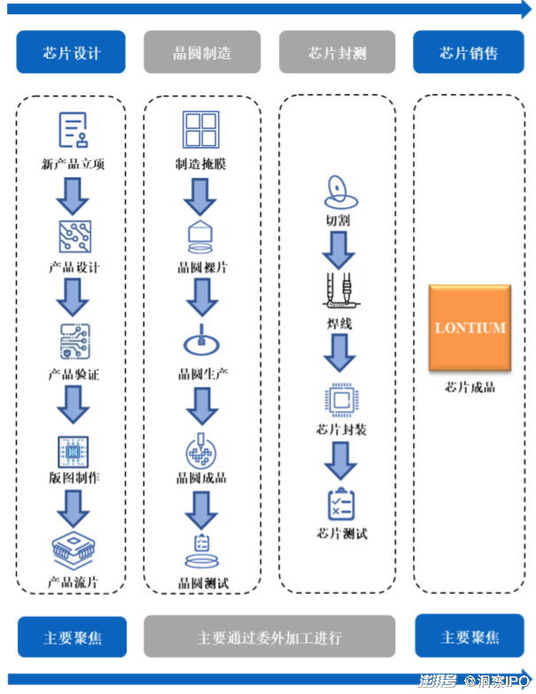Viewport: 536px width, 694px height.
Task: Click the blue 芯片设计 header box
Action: click(x=71, y=52)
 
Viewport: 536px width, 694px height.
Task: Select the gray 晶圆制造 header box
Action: click(x=202, y=52)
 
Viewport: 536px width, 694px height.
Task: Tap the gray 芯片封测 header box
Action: click(x=338, y=52)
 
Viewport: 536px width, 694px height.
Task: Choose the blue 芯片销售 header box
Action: click(x=469, y=52)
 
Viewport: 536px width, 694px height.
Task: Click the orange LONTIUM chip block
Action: click(x=470, y=328)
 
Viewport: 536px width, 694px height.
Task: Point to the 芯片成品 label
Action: click(x=470, y=387)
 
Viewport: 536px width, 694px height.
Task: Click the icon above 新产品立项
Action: click(x=73, y=130)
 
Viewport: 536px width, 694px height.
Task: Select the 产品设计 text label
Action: click(x=74, y=267)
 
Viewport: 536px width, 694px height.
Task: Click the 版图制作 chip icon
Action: click(x=74, y=451)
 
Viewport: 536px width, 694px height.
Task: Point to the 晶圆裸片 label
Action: click(x=202, y=267)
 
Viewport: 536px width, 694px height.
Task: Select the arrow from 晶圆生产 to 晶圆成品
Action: click(x=202, y=406)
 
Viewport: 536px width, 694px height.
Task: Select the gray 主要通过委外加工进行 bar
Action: click(x=269, y=637)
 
